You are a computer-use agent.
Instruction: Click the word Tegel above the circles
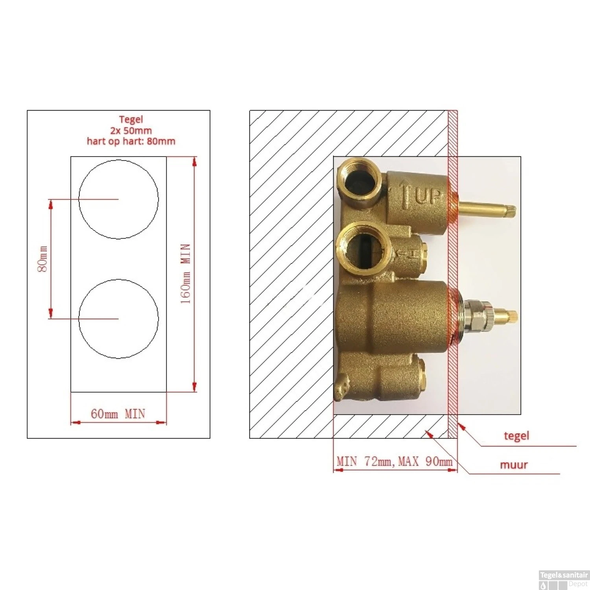131,119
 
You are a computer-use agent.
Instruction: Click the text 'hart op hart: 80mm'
131,141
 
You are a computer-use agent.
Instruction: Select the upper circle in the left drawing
118,199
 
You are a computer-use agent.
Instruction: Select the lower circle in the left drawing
118,319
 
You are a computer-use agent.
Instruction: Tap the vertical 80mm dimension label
42,259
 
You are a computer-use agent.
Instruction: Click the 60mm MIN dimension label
118,414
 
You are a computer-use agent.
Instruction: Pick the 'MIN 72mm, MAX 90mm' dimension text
395,461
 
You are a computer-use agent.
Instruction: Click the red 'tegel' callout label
516,436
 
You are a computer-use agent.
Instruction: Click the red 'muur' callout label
514,465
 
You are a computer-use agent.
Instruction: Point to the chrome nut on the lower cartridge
478,316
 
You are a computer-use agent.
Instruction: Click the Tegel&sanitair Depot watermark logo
564,579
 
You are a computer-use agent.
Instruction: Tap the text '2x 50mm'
131,130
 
